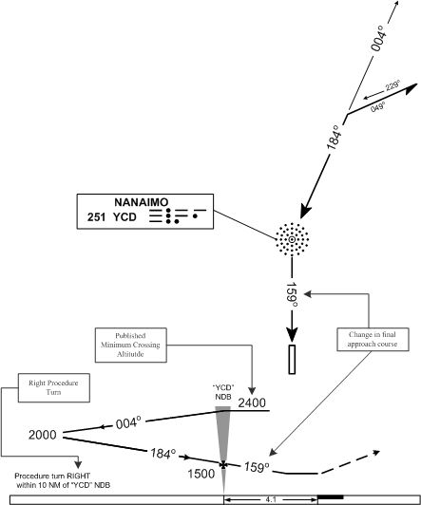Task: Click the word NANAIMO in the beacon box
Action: coord(142,202)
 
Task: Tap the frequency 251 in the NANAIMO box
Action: coord(96,217)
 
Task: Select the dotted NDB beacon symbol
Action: coord(292,239)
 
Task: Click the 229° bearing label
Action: coord(392,86)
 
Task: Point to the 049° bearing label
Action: coord(377,106)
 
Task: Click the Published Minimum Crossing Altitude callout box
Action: coord(131,345)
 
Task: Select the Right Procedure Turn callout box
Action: coord(54,387)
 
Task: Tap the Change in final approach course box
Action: coord(373,340)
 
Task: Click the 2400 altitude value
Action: coord(252,402)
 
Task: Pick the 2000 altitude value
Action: coord(43,435)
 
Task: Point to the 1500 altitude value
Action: coord(201,474)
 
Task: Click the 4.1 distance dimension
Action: coord(271,499)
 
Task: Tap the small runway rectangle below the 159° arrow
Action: coord(292,359)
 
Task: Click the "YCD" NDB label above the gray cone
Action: coord(223,392)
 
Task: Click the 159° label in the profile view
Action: coord(257,467)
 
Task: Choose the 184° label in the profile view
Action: coord(163,454)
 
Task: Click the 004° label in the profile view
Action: coord(128,422)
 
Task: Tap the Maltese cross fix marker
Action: coord(223,464)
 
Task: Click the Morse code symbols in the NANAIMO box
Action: coord(178,215)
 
